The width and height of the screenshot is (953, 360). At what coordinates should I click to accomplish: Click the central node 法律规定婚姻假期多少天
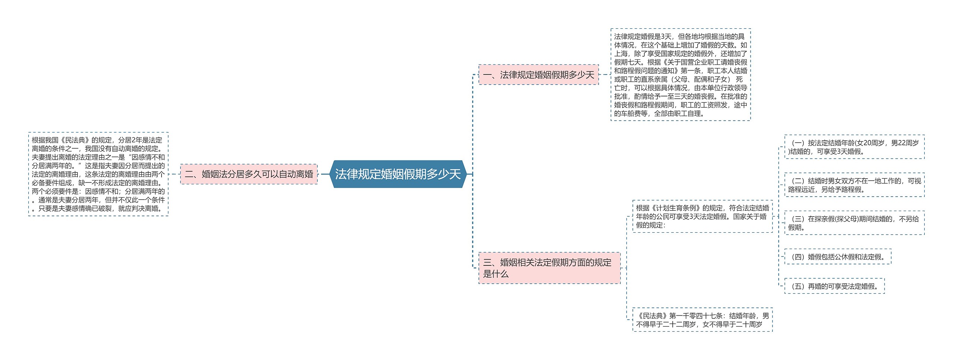pos(398,174)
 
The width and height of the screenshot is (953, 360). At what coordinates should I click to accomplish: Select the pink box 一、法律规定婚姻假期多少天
pos(538,75)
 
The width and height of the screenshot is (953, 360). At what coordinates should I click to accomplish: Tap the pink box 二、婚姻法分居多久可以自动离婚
pos(249,174)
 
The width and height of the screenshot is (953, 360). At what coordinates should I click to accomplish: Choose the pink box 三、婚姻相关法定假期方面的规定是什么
pos(549,268)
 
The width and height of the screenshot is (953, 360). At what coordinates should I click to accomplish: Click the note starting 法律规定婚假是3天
pos(680,75)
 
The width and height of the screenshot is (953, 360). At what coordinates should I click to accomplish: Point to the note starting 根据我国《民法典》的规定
pos(98,174)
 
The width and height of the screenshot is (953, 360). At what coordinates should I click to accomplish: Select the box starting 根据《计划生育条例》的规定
pos(702,216)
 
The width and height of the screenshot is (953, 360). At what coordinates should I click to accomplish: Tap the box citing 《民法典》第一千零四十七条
pos(702,320)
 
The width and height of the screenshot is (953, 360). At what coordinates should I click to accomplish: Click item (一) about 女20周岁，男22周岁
pos(854,147)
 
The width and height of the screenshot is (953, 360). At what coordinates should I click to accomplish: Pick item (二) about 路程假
pos(854,185)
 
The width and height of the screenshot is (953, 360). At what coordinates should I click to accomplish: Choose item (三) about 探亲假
pos(854,223)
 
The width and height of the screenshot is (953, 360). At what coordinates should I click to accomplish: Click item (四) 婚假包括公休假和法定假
pos(838,257)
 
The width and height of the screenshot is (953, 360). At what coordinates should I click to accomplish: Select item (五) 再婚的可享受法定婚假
pos(834,286)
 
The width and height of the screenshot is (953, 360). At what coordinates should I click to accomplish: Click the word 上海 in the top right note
pos(621,54)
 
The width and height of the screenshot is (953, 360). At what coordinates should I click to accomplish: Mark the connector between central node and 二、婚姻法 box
pos(324,174)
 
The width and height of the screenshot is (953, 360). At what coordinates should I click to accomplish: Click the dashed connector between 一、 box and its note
pos(605,74)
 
